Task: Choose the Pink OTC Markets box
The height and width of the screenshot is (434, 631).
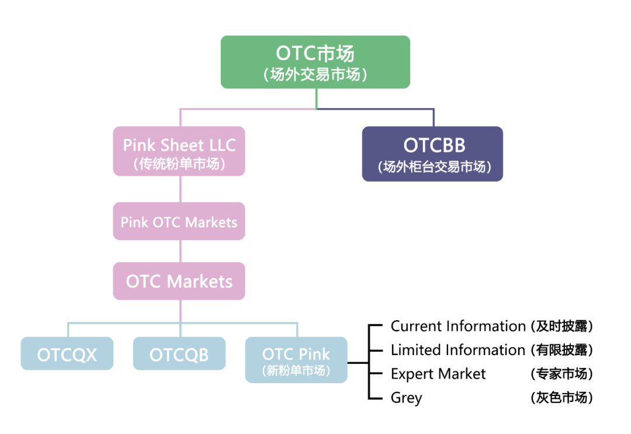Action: click(179, 222)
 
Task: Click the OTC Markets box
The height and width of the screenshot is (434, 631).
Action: click(179, 282)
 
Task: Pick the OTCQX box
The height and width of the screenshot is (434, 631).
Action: click(67, 354)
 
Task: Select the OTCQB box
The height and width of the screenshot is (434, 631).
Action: click(179, 354)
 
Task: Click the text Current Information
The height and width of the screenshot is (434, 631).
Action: click(458, 326)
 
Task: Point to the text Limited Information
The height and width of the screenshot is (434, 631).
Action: click(458, 350)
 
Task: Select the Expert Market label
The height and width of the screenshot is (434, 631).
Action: click(438, 374)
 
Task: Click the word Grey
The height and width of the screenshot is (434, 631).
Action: click(406, 398)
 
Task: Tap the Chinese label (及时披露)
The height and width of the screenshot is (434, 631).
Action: click(561, 326)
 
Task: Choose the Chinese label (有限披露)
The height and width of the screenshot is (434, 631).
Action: click(561, 350)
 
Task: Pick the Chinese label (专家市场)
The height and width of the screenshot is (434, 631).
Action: click(561, 374)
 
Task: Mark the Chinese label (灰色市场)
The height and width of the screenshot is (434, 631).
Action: click(561, 398)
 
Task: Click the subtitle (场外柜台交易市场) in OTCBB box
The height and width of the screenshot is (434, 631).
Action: click(432, 167)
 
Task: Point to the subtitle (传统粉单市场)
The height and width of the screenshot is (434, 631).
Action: click(179, 164)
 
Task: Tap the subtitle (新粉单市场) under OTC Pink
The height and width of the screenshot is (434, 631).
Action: click(296, 370)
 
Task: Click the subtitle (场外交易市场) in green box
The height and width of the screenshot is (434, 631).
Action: click(315, 75)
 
